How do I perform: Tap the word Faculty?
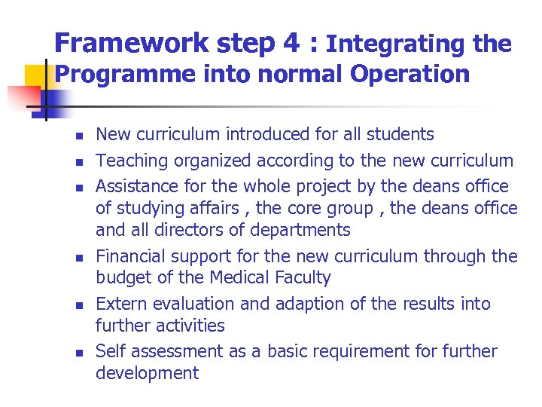click(302, 278)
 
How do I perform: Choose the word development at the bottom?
click(147, 373)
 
